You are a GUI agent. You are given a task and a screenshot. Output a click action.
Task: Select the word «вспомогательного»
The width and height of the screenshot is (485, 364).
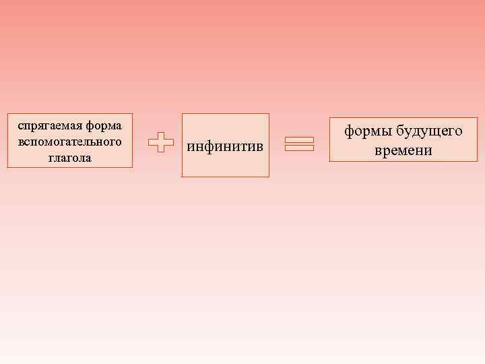pos(70,142)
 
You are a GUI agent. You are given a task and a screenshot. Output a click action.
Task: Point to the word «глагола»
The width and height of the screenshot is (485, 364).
pos(69,158)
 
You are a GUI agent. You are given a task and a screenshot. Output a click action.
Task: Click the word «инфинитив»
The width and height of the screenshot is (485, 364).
pos(226,146)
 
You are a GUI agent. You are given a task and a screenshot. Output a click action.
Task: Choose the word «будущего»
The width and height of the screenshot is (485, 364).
pos(429,131)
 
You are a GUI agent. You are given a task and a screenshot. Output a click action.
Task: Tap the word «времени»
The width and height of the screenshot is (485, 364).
pos(403,150)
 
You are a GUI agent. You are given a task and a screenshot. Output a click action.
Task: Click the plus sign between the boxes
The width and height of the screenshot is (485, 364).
pos(159,142)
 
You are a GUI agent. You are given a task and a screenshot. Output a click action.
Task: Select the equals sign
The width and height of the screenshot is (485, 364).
pos(299,144)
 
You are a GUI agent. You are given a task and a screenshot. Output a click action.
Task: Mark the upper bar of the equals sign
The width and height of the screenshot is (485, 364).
pos(299,140)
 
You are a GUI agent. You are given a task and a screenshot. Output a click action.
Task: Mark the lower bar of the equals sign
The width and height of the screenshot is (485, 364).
pos(299,148)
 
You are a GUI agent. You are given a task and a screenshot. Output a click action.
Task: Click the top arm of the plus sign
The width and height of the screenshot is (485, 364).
pos(159,135)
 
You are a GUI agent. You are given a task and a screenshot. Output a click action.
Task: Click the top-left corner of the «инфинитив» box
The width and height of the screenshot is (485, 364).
pos(183,114)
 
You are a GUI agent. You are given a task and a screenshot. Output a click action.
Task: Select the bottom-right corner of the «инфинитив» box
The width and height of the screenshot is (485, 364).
pos(268,177)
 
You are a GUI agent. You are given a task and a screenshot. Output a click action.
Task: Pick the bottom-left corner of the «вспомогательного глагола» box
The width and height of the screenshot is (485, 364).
pos(8,166)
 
